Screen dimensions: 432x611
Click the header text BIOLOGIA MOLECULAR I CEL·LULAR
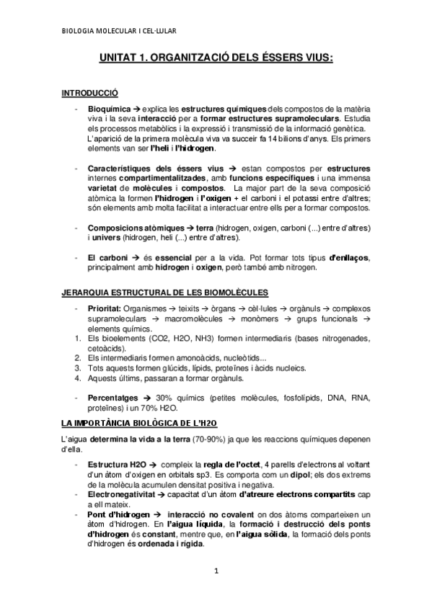(x=119, y=31)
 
